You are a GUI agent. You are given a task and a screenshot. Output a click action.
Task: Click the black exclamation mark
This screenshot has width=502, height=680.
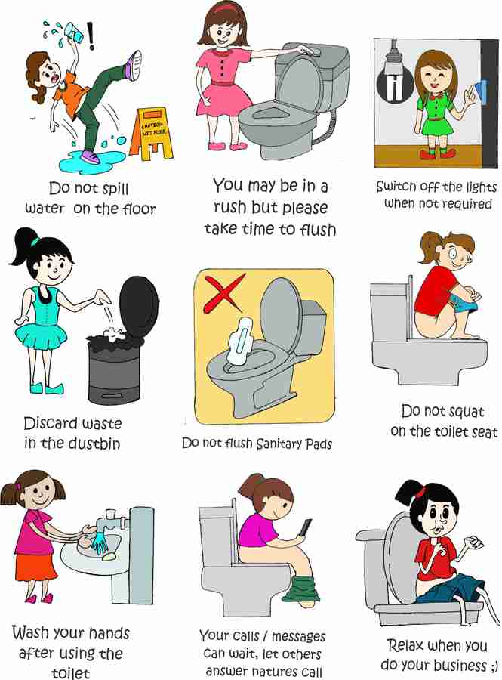(x=92, y=35)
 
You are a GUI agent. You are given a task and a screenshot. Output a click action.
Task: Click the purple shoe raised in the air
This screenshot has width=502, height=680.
(x=133, y=63)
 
